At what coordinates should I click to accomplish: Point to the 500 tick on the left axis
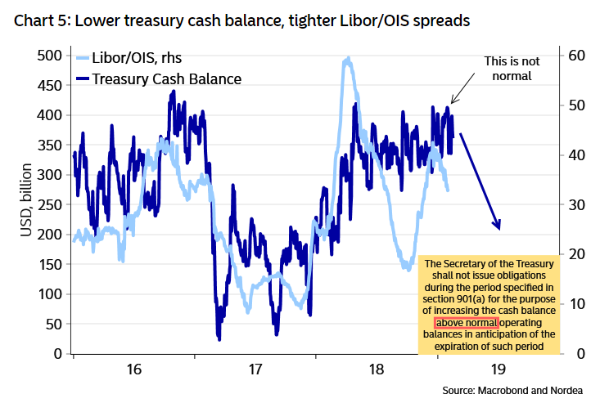[50, 56]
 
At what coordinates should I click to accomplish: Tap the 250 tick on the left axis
[50, 204]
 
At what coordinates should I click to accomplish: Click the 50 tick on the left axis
[53, 324]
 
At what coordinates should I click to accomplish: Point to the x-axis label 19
[498, 370]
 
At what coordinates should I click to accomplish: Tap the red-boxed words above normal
[465, 323]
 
